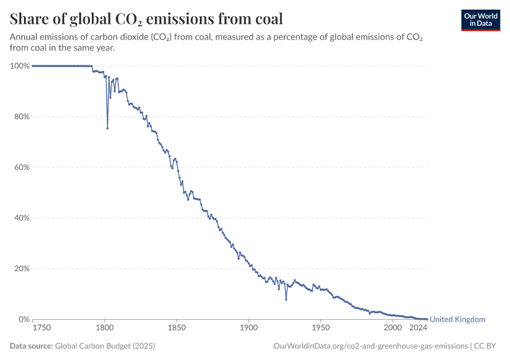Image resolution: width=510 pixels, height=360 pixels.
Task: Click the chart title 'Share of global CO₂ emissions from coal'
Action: tap(146, 19)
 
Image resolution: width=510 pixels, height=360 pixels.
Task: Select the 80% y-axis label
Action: tap(22, 116)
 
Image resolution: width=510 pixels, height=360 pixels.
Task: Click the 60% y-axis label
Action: tap(22, 167)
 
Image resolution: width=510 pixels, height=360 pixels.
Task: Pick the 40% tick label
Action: tap(22, 218)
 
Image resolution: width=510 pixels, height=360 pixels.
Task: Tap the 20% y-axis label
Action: tap(22, 269)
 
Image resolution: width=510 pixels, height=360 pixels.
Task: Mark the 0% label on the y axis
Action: tap(23, 319)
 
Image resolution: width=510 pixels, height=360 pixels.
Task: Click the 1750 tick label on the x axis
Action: tap(41, 328)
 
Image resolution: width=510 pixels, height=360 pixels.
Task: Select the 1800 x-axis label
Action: tap(104, 328)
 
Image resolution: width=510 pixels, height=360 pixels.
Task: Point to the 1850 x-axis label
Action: tap(176, 328)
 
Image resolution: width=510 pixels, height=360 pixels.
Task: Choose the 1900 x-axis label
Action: tap(248, 328)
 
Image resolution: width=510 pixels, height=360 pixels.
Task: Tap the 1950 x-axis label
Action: tap(320, 328)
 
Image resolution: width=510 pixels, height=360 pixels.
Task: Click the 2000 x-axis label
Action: tap(392, 328)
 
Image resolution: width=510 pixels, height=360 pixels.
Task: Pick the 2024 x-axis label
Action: tap(418, 328)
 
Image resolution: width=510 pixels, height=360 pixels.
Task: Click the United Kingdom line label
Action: tap(458, 319)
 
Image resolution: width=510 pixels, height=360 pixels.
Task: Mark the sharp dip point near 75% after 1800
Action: tap(107, 128)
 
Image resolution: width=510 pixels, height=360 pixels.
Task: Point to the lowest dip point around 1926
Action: tap(286, 299)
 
